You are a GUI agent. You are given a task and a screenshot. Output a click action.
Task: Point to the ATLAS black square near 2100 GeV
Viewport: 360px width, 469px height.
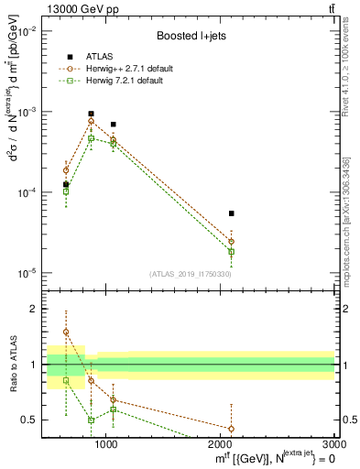tap(231, 213)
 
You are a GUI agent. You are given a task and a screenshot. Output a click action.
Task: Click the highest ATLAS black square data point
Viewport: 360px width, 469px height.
tap(91, 115)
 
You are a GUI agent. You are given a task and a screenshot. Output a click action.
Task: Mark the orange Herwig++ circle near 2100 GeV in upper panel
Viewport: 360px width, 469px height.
tap(231, 242)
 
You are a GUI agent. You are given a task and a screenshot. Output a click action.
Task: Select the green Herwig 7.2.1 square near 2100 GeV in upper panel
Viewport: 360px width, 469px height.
tap(231, 251)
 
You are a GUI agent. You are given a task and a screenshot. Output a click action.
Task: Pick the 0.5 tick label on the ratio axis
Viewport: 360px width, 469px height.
tap(29, 420)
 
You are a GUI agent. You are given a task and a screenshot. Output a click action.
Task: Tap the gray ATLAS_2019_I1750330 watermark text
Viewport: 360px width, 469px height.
tap(190, 274)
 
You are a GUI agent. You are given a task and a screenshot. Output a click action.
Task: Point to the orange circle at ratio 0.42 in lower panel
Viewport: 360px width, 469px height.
tap(231, 428)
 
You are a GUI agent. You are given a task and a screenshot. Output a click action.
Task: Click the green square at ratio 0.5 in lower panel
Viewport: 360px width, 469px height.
tap(91, 420)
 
